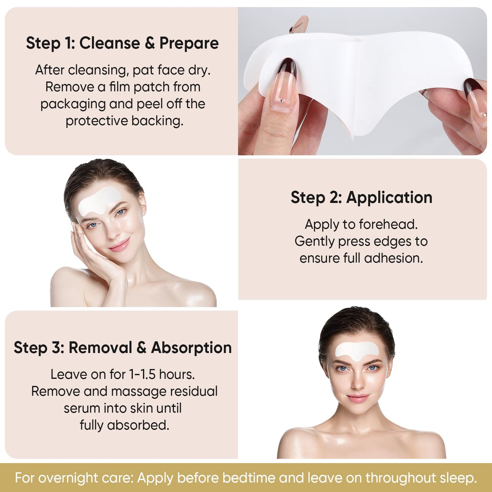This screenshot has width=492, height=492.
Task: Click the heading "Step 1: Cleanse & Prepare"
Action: coord(122,43)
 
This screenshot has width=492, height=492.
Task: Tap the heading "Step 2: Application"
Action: coord(361,197)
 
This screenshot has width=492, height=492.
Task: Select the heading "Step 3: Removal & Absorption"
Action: coord(123,348)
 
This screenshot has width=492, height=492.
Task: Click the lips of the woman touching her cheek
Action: coord(120,244)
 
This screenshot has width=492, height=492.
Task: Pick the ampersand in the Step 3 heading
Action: coord(141,348)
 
